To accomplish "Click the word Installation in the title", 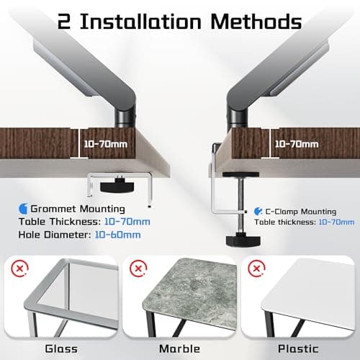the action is tap(140, 21).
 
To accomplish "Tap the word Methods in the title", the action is tap(256, 21).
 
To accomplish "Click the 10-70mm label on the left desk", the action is tap(105, 144).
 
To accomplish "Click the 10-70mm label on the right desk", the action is tap(297, 144).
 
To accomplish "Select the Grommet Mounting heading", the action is tap(78, 209).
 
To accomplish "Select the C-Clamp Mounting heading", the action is tap(301, 212).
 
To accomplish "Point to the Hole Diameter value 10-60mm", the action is tap(118, 235).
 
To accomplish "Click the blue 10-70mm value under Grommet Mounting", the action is tap(127, 222).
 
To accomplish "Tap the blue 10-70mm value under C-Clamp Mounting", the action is tap(336, 222).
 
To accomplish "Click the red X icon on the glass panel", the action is tap(19, 268).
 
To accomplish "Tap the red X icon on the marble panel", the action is tap(138, 268).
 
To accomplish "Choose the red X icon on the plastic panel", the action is tap(256, 268).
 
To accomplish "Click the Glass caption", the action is tap(61, 348).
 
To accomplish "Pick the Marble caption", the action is tap(179, 348).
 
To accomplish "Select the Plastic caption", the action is tap(298, 348).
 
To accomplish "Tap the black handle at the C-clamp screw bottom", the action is tap(243, 240).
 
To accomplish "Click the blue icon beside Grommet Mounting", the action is tap(23, 209).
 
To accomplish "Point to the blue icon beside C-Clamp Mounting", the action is tap(258, 212).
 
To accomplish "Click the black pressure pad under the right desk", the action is tap(240, 175).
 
